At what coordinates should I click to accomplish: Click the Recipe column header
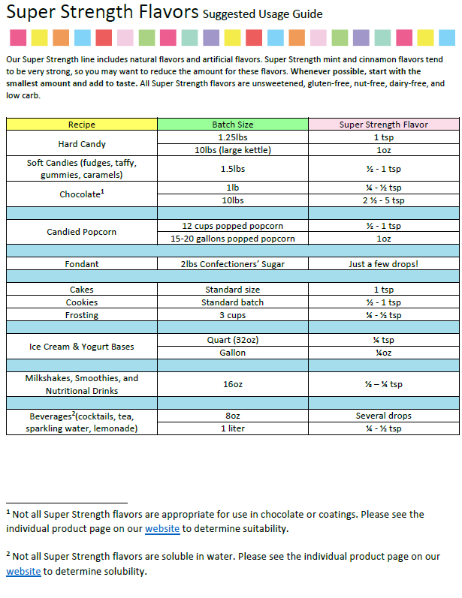pyautogui.click(x=81, y=125)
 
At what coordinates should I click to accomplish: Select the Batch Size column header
pyautogui.click(x=232, y=125)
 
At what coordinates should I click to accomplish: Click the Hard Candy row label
pyautogui.click(x=81, y=143)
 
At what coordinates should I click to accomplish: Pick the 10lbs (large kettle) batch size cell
pyautogui.click(x=232, y=150)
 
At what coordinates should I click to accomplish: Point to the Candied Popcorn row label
pyautogui.click(x=81, y=232)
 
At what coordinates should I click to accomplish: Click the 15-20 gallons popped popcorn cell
pyautogui.click(x=232, y=239)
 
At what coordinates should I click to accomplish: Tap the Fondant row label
pyautogui.click(x=81, y=264)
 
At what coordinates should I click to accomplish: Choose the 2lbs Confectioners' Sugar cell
pyautogui.click(x=232, y=264)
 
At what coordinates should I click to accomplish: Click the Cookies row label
pyautogui.click(x=81, y=302)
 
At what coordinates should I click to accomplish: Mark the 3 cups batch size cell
pyautogui.click(x=232, y=315)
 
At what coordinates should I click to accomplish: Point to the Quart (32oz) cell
pyautogui.click(x=232, y=340)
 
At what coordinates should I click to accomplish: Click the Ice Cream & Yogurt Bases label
pyautogui.click(x=81, y=347)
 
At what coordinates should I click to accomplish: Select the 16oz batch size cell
pyautogui.click(x=232, y=384)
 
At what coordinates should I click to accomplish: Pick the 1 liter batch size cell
pyautogui.click(x=232, y=428)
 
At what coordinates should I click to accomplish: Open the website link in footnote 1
pyautogui.click(x=162, y=529)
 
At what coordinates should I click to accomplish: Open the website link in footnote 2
pyautogui.click(x=23, y=571)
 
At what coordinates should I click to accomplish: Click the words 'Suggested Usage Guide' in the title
pyautogui.click(x=263, y=14)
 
